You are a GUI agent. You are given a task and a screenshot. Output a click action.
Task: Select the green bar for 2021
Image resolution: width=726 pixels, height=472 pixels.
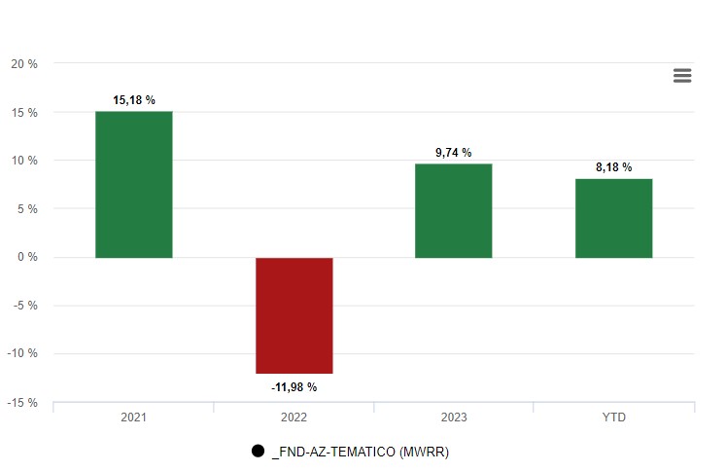[x=133, y=185]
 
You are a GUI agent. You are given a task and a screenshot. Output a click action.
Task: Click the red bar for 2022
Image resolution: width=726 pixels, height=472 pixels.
[x=294, y=315]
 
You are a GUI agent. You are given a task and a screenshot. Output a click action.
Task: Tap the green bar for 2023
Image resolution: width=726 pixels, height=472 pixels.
[x=453, y=211]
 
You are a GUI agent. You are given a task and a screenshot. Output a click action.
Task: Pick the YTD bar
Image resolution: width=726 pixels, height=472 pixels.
[x=613, y=218]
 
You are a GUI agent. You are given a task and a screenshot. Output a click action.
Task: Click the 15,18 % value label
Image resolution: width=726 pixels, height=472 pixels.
[x=134, y=100]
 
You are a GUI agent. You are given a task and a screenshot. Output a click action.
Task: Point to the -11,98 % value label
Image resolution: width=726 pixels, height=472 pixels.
[x=294, y=387]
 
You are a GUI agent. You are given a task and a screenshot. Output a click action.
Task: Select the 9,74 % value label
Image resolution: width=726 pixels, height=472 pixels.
[x=453, y=153]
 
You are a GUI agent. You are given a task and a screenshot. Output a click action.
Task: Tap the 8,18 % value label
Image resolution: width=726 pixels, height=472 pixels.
[x=613, y=167]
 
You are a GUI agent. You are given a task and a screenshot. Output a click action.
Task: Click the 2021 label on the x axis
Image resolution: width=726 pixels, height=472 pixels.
[x=133, y=418]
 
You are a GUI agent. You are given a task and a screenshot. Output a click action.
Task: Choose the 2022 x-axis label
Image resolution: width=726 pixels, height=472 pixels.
[x=294, y=418]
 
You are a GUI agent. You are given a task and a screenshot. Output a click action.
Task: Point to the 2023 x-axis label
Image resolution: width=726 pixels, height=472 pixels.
[x=453, y=418]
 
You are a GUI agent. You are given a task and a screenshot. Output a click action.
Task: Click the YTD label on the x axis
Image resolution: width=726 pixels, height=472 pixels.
[x=613, y=418]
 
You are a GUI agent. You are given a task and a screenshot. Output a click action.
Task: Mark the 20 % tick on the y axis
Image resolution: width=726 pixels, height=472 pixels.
[x=24, y=64]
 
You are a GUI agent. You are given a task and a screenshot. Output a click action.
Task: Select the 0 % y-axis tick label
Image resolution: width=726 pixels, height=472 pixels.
[x=27, y=257]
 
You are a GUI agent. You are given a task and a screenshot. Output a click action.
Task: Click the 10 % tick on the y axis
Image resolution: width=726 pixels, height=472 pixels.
[x=24, y=161]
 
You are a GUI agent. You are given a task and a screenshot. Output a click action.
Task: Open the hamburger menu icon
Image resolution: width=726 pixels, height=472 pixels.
[x=682, y=76]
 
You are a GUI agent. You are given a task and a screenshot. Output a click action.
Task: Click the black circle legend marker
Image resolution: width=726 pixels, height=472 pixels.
[x=258, y=452]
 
